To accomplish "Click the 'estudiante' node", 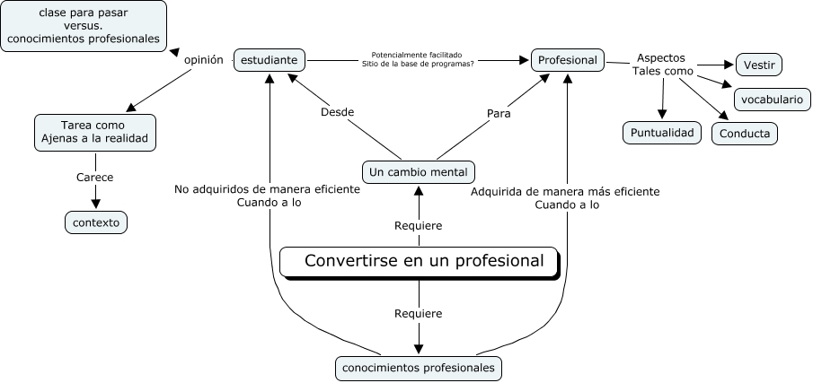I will click(270, 60).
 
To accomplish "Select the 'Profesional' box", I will click(567, 60).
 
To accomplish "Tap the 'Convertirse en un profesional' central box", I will click(420, 262).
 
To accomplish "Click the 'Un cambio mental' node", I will click(419, 171).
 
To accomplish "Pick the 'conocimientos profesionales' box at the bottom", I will click(419, 368).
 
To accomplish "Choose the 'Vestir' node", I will click(759, 65).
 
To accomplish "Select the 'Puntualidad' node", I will click(661, 133).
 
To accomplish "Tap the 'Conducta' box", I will click(744, 134).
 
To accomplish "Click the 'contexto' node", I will click(96, 222).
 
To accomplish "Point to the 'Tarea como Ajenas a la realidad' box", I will click(95, 133).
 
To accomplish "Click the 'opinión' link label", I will click(203, 59).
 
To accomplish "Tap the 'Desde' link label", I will click(337, 112).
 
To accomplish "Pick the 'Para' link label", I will click(499, 113).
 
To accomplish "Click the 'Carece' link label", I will click(95, 178).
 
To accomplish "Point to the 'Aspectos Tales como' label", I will click(661, 64).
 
